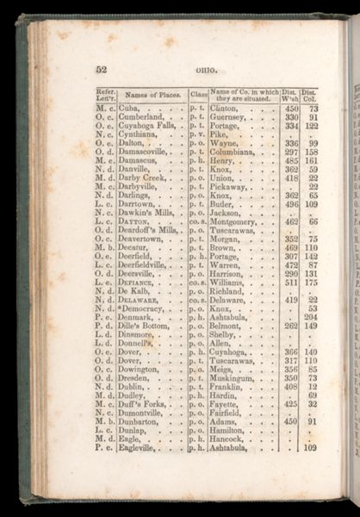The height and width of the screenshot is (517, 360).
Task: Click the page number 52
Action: pyautogui.click(x=101, y=70)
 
